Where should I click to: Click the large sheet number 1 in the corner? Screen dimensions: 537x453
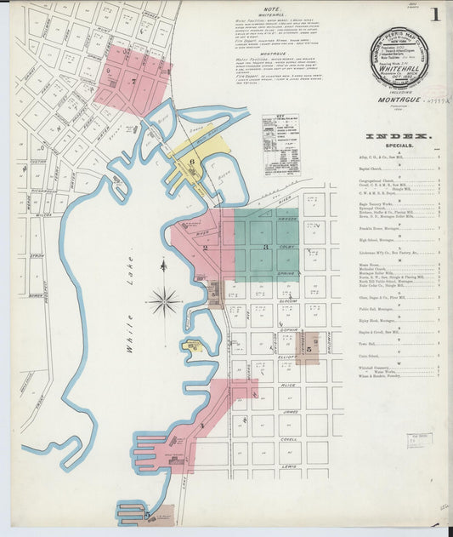tap(434, 14)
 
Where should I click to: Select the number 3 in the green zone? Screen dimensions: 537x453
tap(266, 247)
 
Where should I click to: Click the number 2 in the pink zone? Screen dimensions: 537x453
tap(206, 247)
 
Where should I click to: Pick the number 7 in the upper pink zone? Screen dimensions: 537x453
tap(133, 82)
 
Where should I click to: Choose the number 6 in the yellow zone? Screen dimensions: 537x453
tap(192, 162)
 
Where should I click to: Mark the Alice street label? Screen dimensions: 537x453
tap(289, 386)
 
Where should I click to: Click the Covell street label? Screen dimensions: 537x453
tap(290, 439)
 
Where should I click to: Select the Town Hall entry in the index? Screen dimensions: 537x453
tap(377, 343)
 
